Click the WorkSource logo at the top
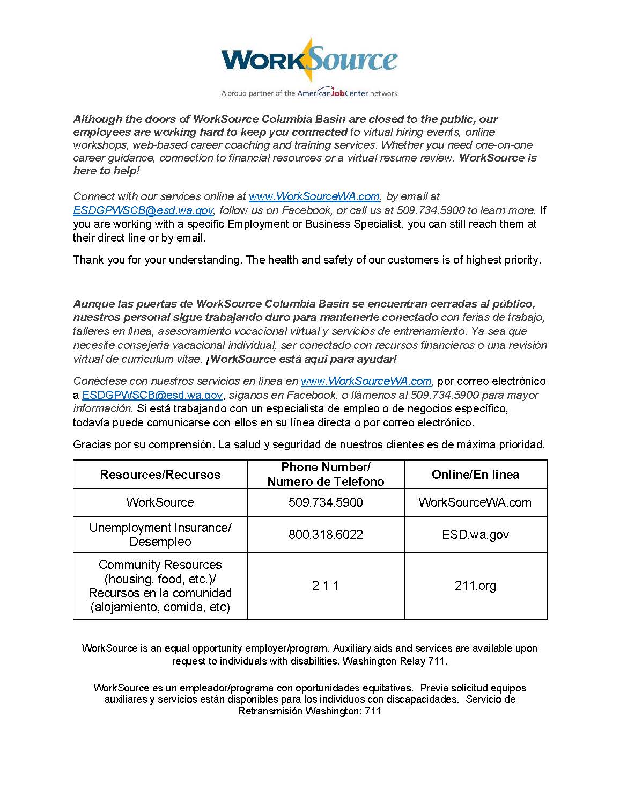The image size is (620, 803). [309, 60]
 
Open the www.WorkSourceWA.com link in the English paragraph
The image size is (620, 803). [314, 196]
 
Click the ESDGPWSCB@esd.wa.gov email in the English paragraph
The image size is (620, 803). [143, 210]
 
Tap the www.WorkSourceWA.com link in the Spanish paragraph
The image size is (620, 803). [366, 381]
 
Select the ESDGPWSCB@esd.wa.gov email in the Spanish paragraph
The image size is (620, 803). [152, 395]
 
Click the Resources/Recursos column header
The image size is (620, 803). [160, 474]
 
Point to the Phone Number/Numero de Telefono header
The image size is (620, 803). [326, 474]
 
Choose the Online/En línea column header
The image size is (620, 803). [475, 474]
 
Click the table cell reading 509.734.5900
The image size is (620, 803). [326, 502]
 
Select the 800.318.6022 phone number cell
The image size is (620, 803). [326, 535]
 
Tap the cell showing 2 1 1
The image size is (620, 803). [326, 586]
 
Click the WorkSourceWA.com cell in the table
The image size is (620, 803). [475, 502]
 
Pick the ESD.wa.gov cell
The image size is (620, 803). [475, 535]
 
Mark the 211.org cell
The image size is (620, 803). [475, 586]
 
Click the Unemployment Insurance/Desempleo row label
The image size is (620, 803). [160, 535]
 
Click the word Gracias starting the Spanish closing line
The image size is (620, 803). [90, 444]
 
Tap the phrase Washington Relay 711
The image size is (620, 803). [394, 661]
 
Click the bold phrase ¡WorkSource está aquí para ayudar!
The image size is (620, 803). [301, 359]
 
